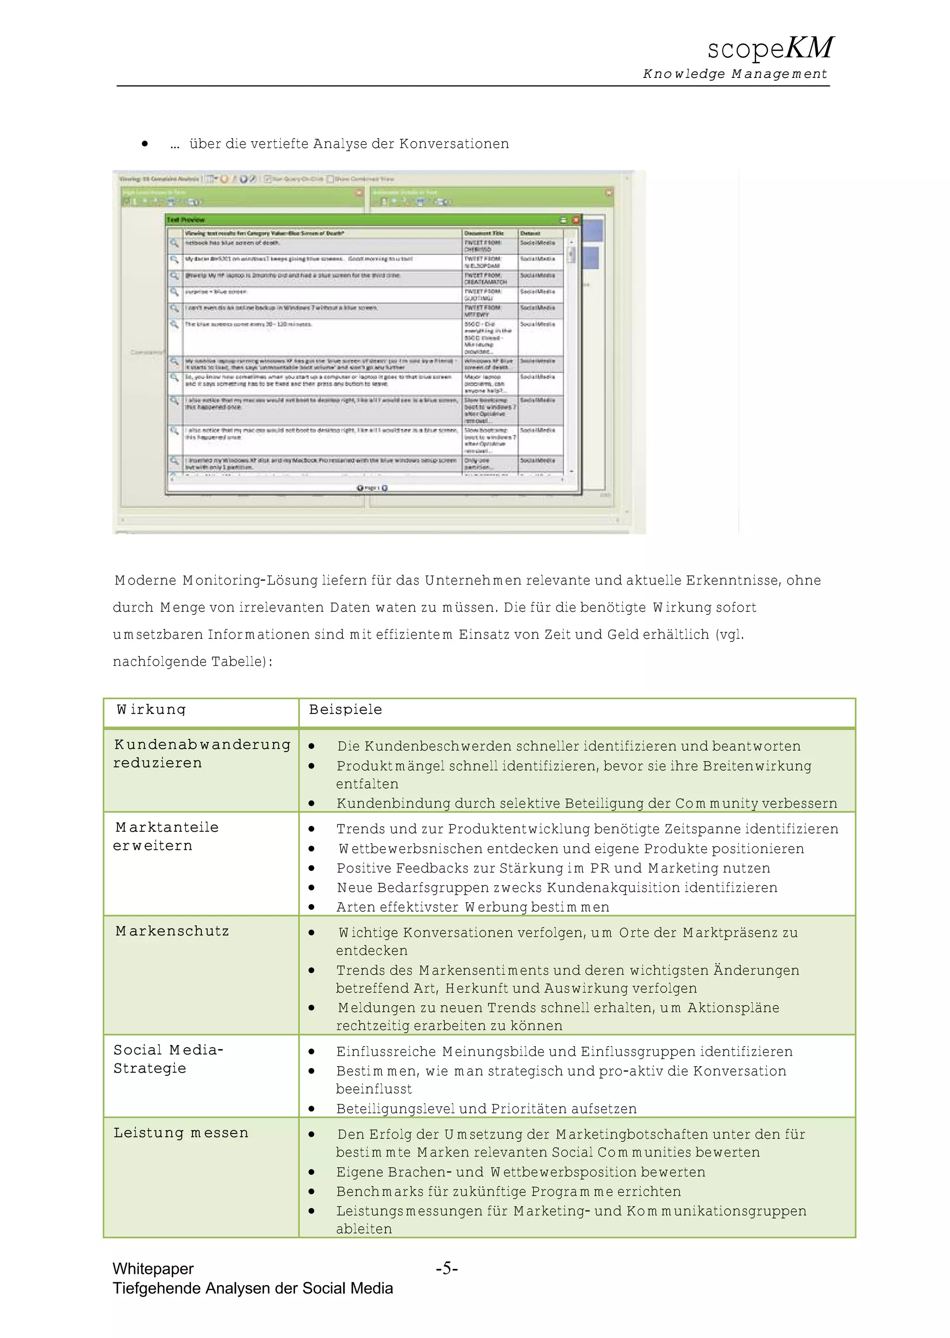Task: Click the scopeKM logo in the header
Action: tap(770, 48)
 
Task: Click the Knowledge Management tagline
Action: tap(735, 74)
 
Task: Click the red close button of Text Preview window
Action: tap(576, 220)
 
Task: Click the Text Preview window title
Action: tap(186, 220)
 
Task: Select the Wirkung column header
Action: tap(151, 710)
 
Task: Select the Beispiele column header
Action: tap(345, 710)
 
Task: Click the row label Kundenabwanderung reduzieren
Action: tap(201, 753)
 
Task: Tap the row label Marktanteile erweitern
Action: tap(166, 836)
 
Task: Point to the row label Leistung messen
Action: tap(181, 1132)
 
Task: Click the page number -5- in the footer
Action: tap(446, 1268)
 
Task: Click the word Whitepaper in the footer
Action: tap(153, 1268)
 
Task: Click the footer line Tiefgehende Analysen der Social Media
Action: tap(253, 1288)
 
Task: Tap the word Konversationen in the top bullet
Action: tap(454, 144)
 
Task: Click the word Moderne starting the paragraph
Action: tap(146, 580)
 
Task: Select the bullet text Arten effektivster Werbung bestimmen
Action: tap(473, 907)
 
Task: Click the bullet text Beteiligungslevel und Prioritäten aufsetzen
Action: tap(486, 1109)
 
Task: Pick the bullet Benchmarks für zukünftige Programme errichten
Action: tap(508, 1191)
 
